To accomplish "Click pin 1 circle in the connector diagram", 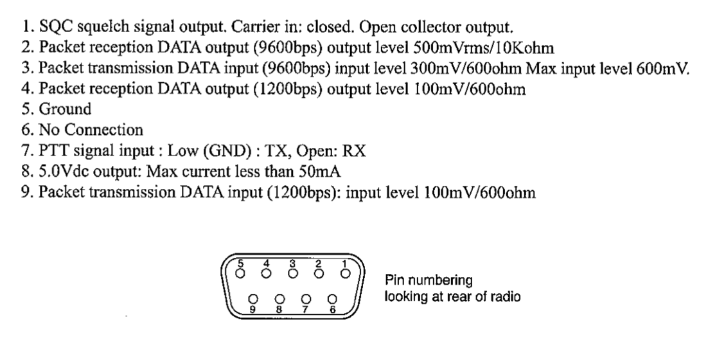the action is point(346,274).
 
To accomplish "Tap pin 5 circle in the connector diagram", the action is point(240,274).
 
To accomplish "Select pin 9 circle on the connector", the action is point(253,299).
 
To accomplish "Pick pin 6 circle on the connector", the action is point(332,299).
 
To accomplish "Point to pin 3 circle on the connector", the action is point(293,274).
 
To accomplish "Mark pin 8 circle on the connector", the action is point(280,299).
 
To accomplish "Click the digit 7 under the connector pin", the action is point(306,309).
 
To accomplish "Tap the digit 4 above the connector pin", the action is point(267,264).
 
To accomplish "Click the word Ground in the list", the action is point(65,109).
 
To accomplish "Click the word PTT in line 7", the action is point(53,150).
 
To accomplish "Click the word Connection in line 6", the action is point(103,130).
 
